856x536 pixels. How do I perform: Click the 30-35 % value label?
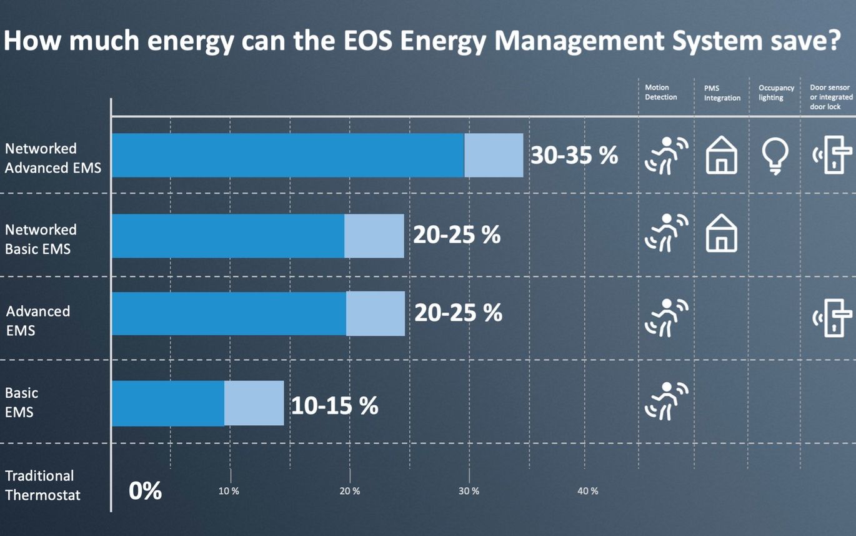(574, 156)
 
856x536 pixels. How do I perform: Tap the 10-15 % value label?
(334, 405)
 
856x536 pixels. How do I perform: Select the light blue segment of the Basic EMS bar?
(254, 403)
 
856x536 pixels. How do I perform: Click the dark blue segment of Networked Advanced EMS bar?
(287, 155)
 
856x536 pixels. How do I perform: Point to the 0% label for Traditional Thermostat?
(145, 491)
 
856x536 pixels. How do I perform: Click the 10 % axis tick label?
(229, 491)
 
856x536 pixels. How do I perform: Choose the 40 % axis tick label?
(587, 491)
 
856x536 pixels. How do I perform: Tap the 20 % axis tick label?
(349, 491)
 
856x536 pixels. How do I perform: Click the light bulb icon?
(775, 155)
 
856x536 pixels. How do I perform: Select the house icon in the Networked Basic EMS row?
(721, 235)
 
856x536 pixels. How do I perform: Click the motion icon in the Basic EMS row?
(666, 400)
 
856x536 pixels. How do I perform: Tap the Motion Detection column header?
(660, 93)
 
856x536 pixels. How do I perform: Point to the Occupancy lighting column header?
(776, 93)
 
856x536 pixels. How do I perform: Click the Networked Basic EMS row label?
(41, 240)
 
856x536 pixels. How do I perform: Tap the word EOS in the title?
(366, 41)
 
